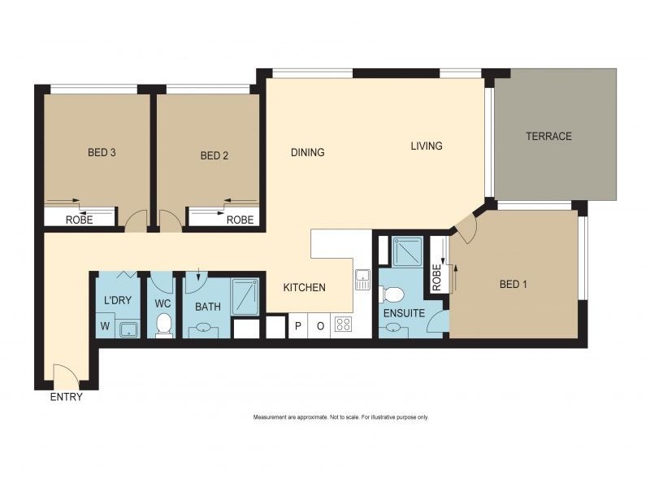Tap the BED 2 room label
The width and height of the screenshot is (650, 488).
point(214,155)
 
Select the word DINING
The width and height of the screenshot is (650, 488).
point(308,152)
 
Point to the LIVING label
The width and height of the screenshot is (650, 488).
point(427,146)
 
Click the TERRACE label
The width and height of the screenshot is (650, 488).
point(548,136)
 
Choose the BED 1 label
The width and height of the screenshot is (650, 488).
point(513,284)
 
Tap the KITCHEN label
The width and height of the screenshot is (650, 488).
point(304,287)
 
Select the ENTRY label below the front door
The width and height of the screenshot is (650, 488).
point(67,398)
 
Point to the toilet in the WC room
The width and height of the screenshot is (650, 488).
point(163,324)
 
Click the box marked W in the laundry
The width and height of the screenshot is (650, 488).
point(105,327)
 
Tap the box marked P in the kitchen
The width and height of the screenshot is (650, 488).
point(298,326)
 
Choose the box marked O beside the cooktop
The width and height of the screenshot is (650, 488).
point(320,326)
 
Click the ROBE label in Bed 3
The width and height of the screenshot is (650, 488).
point(79,220)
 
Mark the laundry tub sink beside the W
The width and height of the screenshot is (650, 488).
point(128,328)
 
